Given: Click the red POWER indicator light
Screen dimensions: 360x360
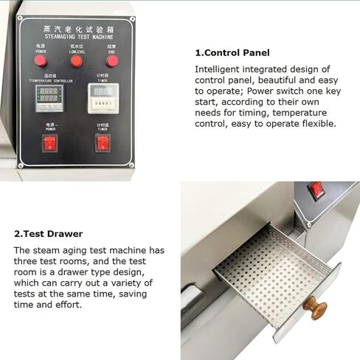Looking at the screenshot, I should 40,60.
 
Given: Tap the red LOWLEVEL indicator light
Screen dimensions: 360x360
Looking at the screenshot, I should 75,60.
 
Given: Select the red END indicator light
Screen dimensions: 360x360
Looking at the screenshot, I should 111,60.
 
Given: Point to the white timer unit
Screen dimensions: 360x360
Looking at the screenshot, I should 103,97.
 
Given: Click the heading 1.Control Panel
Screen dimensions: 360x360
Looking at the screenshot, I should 232,53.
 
